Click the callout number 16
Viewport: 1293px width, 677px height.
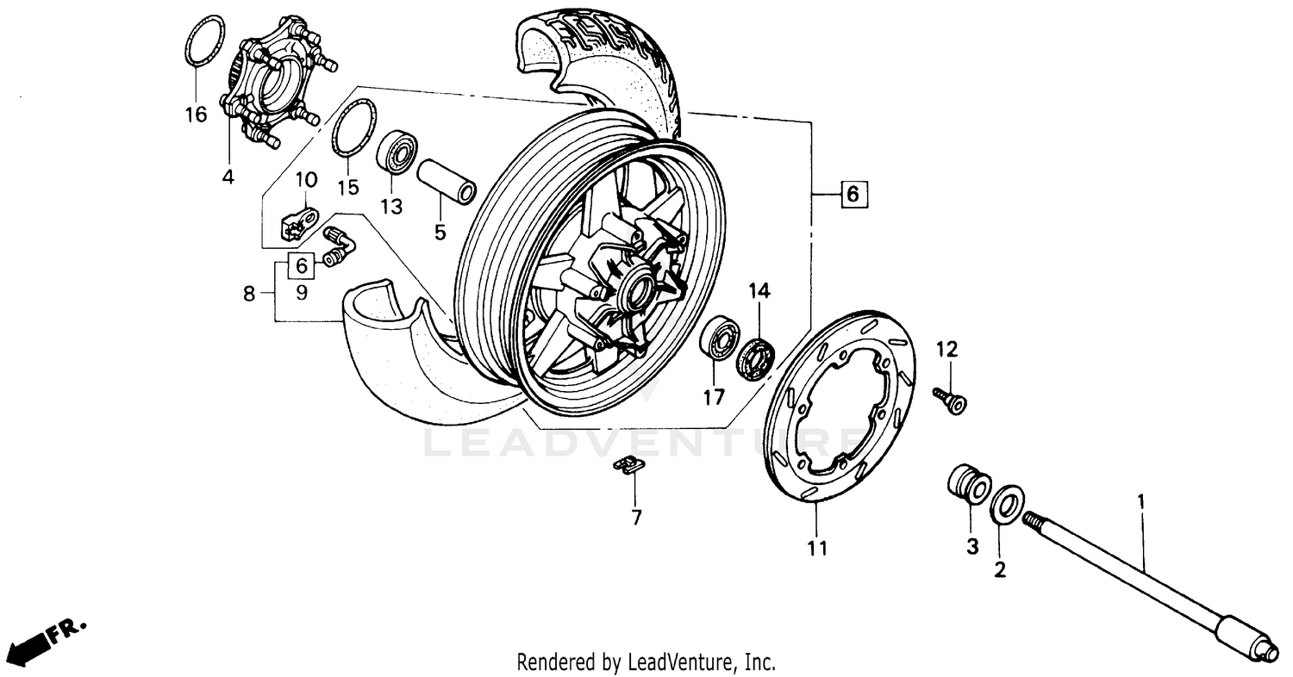tap(197, 114)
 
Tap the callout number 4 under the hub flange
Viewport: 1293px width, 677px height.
tap(228, 177)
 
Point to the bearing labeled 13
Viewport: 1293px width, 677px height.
tap(397, 152)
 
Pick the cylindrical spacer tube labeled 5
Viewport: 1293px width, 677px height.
tap(447, 178)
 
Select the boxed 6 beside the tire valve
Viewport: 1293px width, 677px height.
tap(302, 265)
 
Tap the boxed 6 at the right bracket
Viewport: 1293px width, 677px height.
tap(852, 195)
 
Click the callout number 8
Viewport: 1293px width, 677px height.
tap(249, 295)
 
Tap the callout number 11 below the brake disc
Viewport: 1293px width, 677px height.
tap(817, 548)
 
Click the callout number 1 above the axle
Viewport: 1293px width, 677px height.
tap(1141, 500)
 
